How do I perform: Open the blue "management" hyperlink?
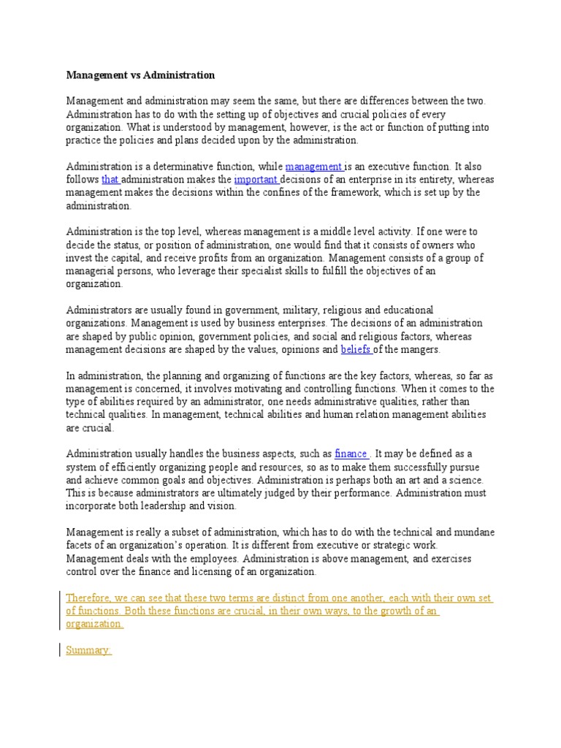(313, 167)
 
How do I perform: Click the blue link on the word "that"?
(110, 180)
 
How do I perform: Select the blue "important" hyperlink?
(256, 180)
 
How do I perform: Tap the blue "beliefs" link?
(356, 350)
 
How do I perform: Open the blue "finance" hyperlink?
(350, 454)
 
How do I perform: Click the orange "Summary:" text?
(88, 650)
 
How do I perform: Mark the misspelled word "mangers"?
(419, 350)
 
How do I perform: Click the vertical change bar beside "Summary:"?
(59, 649)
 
